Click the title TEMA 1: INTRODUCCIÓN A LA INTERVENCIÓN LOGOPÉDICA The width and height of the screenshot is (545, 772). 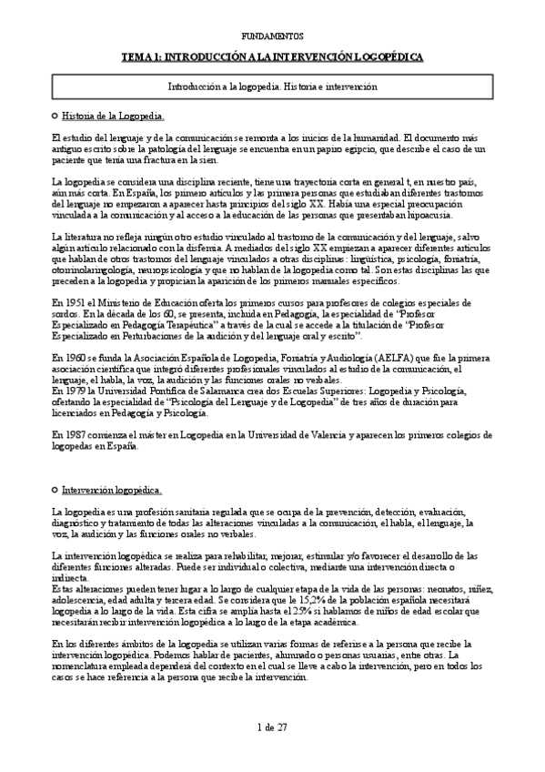coord(273,56)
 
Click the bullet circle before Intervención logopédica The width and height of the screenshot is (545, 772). coord(56,489)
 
